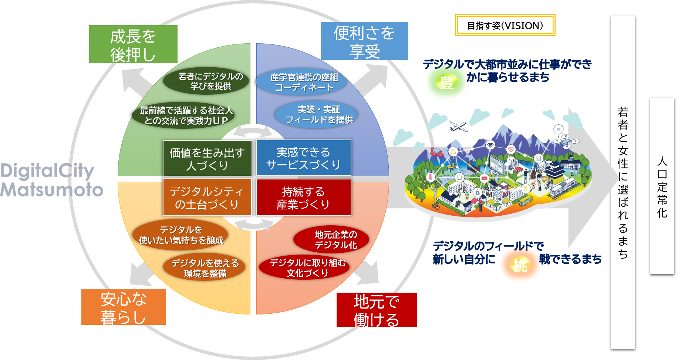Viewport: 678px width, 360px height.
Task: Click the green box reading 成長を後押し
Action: pyautogui.click(x=133, y=44)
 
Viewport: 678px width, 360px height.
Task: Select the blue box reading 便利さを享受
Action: pyautogui.click(x=364, y=41)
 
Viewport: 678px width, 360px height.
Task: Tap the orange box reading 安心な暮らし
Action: pyautogui.click(x=124, y=307)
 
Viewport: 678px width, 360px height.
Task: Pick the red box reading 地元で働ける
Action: pyautogui.click(x=377, y=310)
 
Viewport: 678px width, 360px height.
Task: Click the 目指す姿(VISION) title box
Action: pyautogui.click(x=505, y=25)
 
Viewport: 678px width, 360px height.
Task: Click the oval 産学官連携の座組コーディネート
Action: pyautogui.click(x=301, y=82)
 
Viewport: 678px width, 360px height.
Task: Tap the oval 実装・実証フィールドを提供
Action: pyautogui.click(x=316, y=114)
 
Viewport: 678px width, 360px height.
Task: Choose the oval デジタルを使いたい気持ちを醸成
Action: pyautogui.click(x=181, y=235)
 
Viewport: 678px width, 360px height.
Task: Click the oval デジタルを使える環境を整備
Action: pyautogui.click(x=205, y=268)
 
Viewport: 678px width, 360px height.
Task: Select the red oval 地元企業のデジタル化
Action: pyautogui.click(x=331, y=239)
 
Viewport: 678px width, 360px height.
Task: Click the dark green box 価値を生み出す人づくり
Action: pyautogui.click(x=207, y=158)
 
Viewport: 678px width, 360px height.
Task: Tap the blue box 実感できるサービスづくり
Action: pyautogui.click(x=303, y=158)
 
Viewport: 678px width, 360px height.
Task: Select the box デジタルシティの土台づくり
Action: pyautogui.click(x=207, y=197)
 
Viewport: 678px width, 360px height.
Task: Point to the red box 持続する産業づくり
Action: pyautogui.click(x=303, y=197)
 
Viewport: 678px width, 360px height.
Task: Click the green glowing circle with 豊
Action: pyautogui.click(x=446, y=83)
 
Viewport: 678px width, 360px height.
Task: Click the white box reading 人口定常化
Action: pyautogui.click(x=662, y=186)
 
